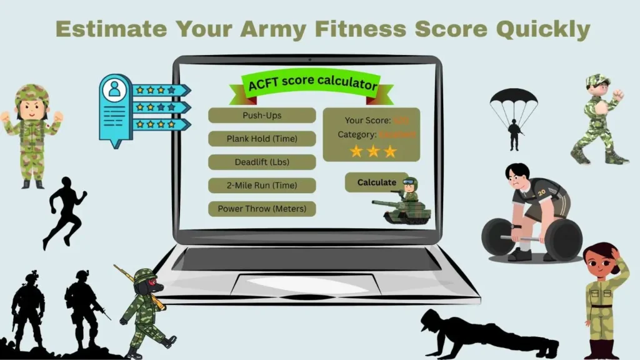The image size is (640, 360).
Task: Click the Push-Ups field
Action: point(262,116)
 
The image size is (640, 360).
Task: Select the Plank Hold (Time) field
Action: point(262,139)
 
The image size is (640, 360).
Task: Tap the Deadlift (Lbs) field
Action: point(262,162)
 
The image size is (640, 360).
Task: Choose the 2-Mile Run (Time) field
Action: point(262,186)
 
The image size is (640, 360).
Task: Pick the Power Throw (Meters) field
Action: point(262,209)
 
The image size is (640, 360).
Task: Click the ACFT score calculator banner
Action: point(312,84)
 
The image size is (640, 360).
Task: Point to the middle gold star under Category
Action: point(373,151)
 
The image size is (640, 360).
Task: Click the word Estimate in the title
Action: point(111,29)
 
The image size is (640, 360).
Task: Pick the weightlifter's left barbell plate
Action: point(499,237)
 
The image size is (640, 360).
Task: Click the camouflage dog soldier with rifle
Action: point(145,309)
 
